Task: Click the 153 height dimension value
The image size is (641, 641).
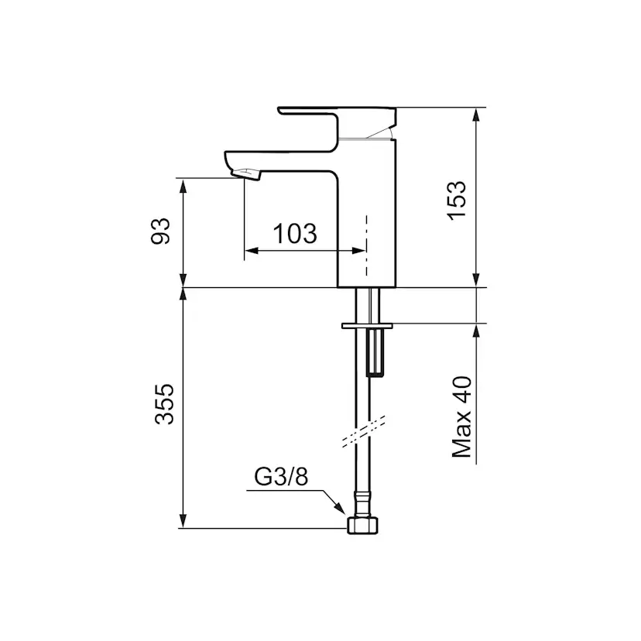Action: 457,201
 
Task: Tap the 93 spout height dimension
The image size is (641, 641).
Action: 160,231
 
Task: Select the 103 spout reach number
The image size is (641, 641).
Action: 295,234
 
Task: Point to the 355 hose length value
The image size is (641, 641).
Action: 164,404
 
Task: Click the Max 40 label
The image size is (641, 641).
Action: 461,416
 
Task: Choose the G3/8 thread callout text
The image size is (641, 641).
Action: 281,476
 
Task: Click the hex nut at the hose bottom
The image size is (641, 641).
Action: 362,525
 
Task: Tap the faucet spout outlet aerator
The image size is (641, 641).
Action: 246,173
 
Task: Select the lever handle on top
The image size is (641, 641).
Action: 337,122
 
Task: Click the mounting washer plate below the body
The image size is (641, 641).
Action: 367,326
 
